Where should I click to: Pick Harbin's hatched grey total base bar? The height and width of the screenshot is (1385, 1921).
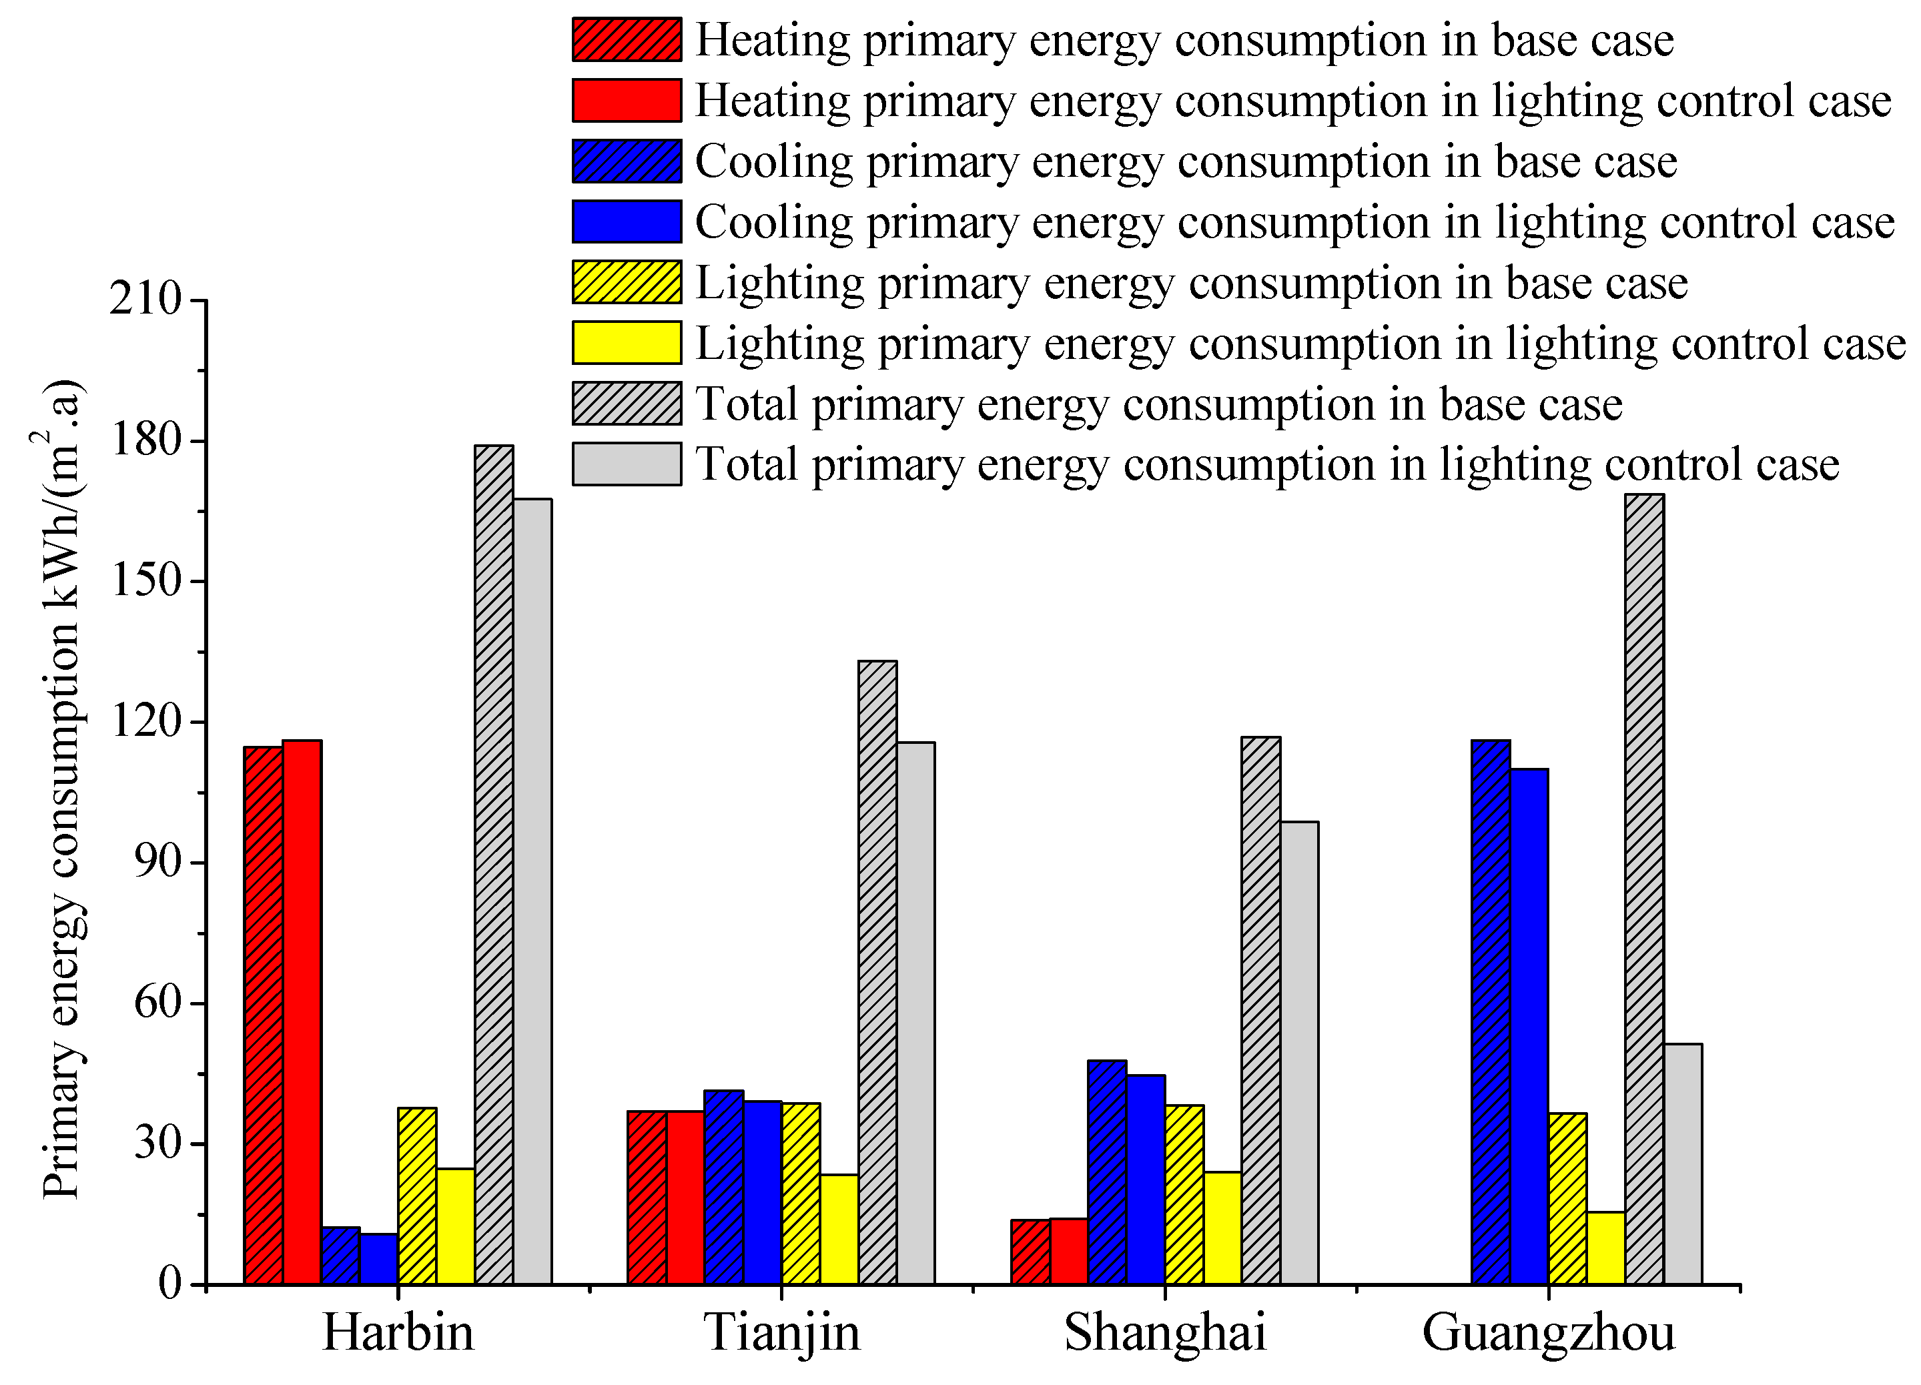(x=494, y=864)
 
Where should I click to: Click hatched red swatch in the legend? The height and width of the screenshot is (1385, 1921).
(x=627, y=40)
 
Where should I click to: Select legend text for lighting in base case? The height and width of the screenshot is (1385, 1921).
(x=1191, y=283)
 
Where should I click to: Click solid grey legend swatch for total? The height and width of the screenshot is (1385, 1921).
(x=627, y=464)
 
